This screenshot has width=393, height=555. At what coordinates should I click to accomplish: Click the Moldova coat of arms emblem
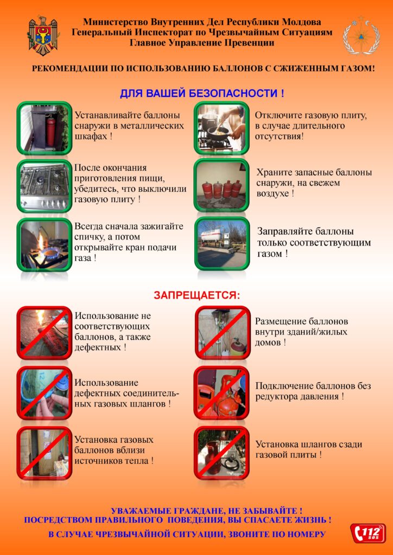coord(43,35)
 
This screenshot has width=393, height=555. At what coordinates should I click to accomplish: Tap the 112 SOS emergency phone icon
coord(368,533)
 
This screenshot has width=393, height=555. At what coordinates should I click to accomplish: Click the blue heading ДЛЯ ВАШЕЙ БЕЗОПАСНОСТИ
coord(202,94)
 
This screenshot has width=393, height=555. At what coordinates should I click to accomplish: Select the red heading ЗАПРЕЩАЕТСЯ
coord(197,295)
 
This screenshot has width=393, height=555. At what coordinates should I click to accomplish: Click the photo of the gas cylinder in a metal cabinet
coord(45,128)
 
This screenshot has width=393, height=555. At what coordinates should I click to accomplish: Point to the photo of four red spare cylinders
coord(221,185)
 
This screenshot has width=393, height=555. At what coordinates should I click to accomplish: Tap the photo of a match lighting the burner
coord(45,244)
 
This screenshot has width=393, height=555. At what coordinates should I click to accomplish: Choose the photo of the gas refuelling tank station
coord(222,243)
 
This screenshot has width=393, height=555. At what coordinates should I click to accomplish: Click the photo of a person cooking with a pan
coord(221,128)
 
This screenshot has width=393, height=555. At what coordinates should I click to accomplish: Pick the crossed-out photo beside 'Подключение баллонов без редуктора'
coord(221,393)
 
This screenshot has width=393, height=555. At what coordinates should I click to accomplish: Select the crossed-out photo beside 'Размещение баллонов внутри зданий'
coord(223,333)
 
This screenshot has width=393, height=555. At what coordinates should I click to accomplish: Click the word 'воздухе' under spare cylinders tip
coord(272,193)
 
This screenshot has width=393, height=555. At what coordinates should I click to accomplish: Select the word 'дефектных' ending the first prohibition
coord(97,347)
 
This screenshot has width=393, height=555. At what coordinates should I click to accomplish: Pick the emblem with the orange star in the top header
coord(361,35)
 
